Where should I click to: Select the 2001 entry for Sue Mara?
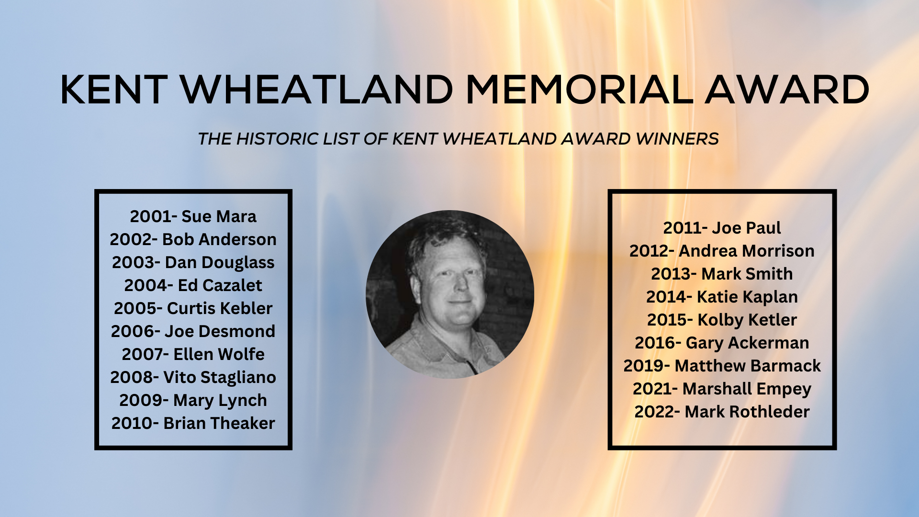point(193,216)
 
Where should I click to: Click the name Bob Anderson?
point(219,239)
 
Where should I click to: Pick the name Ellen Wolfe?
point(219,354)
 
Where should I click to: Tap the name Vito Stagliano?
point(220,378)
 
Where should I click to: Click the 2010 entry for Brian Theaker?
point(193,423)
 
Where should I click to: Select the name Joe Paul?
point(746,228)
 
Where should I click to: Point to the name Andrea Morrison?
point(747,251)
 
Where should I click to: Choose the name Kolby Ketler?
point(747,320)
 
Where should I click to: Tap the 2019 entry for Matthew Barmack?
point(722,366)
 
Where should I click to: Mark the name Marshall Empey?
point(747,389)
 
